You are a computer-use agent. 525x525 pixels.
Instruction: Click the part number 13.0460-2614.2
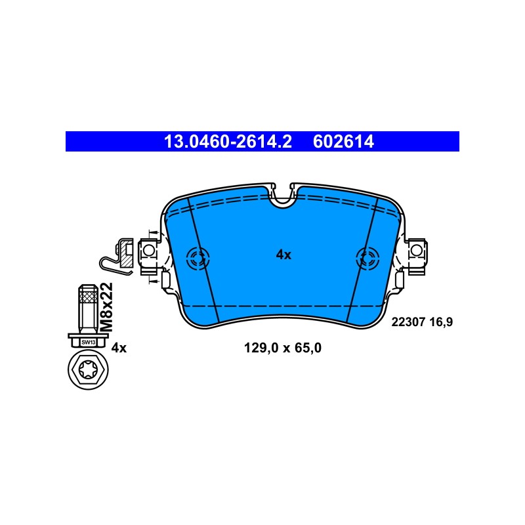click(x=228, y=142)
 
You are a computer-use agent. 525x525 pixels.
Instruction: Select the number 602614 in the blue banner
click(x=343, y=142)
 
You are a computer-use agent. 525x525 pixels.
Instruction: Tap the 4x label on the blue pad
click(x=283, y=255)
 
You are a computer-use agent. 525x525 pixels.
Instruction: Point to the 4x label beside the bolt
click(x=119, y=348)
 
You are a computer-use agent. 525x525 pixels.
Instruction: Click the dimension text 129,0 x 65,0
click(x=283, y=348)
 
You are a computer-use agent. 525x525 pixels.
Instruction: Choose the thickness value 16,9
click(x=441, y=322)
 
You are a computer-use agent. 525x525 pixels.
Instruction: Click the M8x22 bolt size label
click(x=107, y=307)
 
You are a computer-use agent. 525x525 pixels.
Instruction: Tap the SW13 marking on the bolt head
click(x=89, y=342)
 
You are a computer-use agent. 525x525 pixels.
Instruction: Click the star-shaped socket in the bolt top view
click(x=88, y=369)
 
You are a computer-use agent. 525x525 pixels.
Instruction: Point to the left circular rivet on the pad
click(x=198, y=258)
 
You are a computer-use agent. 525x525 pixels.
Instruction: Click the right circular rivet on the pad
click(x=367, y=258)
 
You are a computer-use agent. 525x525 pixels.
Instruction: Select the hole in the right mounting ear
click(x=416, y=250)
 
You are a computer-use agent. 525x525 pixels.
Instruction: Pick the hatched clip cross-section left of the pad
click(x=126, y=253)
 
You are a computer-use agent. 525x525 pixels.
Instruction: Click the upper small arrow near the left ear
click(x=153, y=232)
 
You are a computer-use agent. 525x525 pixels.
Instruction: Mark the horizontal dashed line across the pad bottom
click(x=283, y=306)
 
